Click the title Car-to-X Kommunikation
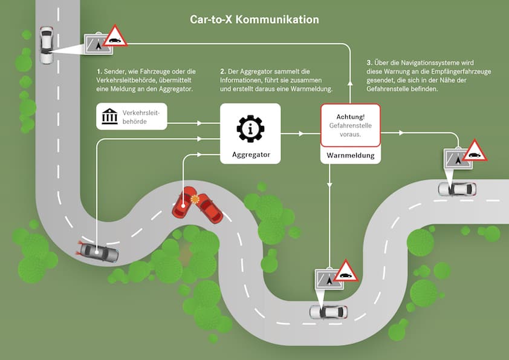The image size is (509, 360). (x=254, y=19)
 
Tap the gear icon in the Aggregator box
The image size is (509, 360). (x=250, y=129)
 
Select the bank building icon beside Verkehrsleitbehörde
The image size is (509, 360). (x=110, y=116)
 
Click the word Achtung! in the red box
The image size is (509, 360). (x=350, y=117)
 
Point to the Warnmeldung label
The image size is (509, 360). (x=351, y=155)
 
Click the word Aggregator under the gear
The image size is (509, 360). (x=251, y=155)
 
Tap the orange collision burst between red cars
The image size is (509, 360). (x=195, y=199)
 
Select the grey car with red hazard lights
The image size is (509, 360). (x=99, y=252)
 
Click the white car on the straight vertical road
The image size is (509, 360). (x=46, y=45)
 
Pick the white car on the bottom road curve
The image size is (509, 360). (x=328, y=312)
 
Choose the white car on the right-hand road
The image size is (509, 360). (x=457, y=189)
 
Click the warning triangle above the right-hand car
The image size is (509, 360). (x=475, y=151)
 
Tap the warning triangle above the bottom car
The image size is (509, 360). (x=346, y=270)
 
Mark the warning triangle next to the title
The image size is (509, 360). (x=115, y=36)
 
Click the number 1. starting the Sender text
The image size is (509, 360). (x=99, y=71)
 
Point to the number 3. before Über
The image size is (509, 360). (x=369, y=63)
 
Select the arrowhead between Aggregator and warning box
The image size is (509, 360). (x=301, y=134)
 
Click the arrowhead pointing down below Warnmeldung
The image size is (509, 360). (x=329, y=185)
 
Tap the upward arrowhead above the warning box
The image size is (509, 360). (x=350, y=83)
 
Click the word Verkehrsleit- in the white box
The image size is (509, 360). (x=141, y=113)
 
